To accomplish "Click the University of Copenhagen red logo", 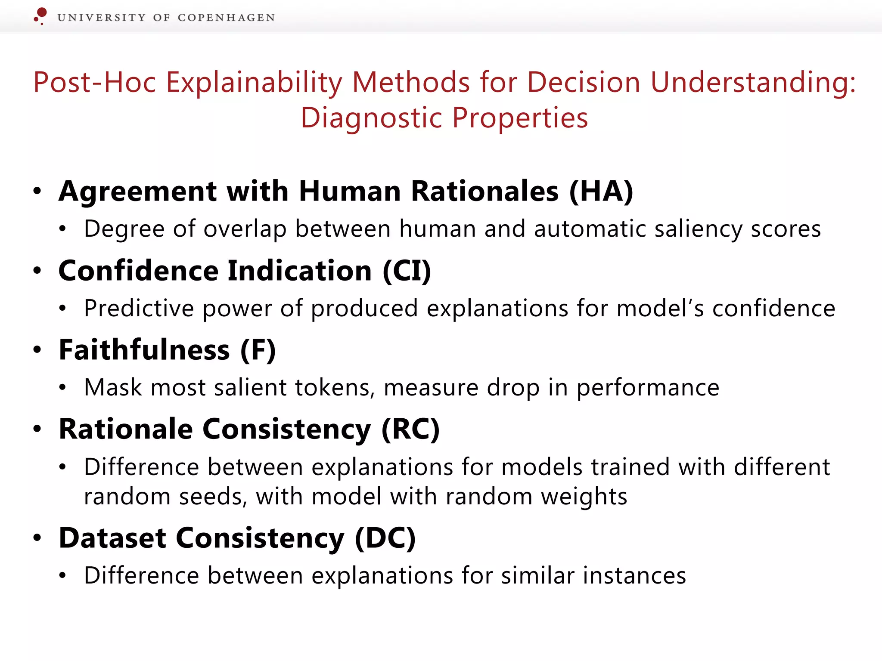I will click(40, 15).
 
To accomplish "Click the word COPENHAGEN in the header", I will click(226, 18).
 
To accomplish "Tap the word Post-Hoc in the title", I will click(95, 82).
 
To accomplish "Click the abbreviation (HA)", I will click(601, 192).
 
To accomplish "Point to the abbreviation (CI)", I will click(407, 271).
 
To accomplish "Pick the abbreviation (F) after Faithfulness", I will click(258, 350).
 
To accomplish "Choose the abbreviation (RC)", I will click(410, 429).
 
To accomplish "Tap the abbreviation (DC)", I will click(385, 538).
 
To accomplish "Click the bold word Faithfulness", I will click(144, 350).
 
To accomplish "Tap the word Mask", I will click(113, 387).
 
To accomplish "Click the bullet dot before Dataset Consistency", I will click(37, 537).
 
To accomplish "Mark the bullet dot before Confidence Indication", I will click(37, 271).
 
